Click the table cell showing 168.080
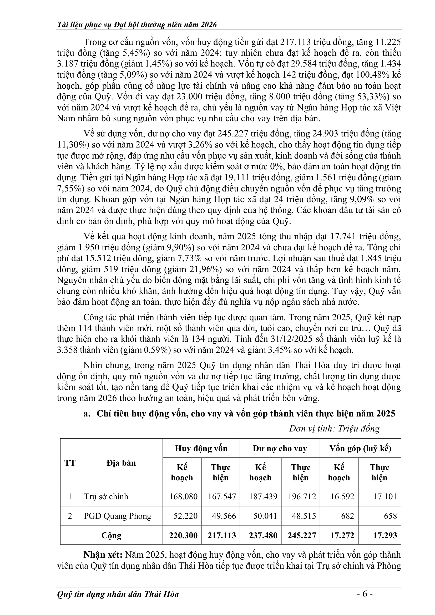(183, 496)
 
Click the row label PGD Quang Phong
(118, 516)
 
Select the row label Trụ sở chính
(106, 496)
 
